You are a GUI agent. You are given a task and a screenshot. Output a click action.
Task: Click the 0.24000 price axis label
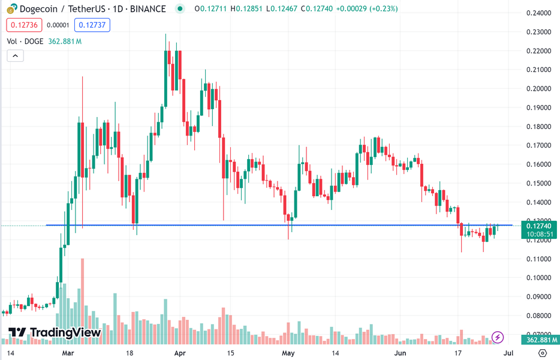coord(538,13)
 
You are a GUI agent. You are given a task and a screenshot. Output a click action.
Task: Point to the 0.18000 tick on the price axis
coord(538,127)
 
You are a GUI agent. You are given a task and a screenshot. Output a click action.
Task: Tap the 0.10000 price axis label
coord(538,278)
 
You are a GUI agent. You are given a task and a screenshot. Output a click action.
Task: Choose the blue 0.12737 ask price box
coord(92,25)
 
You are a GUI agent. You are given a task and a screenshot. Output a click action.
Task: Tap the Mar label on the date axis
coord(68,353)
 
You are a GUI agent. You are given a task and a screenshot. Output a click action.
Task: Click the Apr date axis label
coord(180,353)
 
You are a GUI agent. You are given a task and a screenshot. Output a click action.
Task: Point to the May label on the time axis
coord(288,353)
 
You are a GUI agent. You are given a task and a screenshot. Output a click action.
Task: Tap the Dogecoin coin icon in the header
coord(10,9)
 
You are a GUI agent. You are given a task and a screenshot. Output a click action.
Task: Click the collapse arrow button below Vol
coord(15,56)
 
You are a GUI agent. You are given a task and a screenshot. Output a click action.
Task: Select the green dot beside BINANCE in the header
coord(179,9)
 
